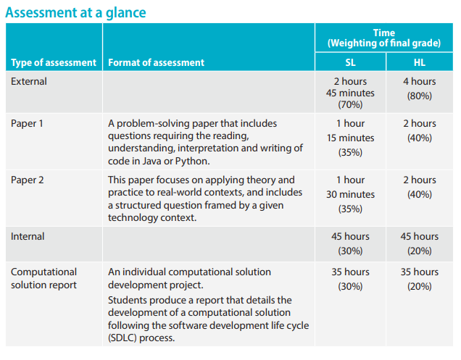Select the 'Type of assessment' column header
pos(53,63)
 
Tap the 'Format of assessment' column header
pos(156,63)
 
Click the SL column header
pos(350,63)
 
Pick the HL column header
pos(419,63)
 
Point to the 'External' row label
pos(28,82)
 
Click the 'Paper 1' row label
pos(27,124)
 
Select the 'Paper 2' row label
pos(27,180)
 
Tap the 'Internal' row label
pos(28,237)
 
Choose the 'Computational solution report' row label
pos(43,279)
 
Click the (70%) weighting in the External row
pos(350,105)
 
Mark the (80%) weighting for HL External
pos(419,96)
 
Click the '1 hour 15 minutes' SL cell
pos(350,131)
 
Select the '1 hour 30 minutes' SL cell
pos(350,188)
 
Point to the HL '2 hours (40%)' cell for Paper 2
pos(419,187)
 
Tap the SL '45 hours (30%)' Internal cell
pos(350,243)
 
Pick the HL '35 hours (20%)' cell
pos(419,279)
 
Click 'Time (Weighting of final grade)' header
pos(384,38)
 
